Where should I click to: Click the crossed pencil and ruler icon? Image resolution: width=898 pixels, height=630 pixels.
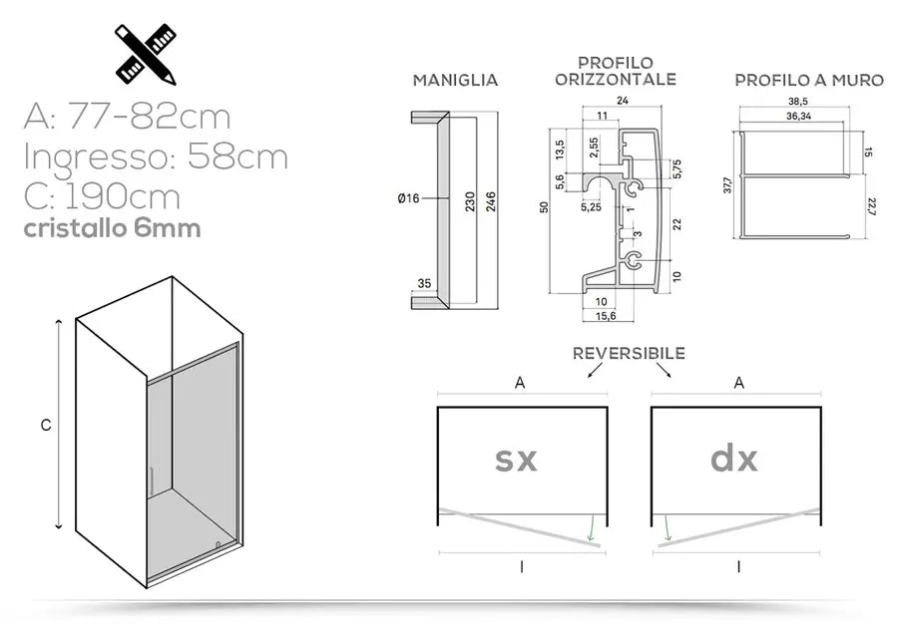(x=146, y=53)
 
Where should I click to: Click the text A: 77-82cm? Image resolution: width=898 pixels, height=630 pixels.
(x=127, y=118)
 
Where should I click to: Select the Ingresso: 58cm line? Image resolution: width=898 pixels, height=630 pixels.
(x=155, y=157)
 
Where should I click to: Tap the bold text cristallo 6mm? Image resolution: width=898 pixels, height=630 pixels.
(x=112, y=228)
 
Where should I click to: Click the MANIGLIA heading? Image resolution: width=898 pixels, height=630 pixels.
(x=455, y=81)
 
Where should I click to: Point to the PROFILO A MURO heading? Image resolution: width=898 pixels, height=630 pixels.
(x=809, y=81)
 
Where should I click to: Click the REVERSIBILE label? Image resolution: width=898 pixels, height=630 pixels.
(x=629, y=354)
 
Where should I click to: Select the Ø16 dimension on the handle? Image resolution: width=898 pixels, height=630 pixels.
(x=407, y=199)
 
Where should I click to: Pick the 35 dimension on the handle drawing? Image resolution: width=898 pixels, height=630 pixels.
(x=423, y=284)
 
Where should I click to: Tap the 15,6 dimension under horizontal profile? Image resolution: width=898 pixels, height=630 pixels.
(x=605, y=316)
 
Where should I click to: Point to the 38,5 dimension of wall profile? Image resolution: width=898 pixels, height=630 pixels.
(x=797, y=102)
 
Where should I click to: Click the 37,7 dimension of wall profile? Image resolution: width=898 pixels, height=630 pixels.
(x=727, y=187)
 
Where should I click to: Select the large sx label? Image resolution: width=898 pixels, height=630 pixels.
(x=516, y=460)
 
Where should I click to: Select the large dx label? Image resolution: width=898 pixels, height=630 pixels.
(x=733, y=460)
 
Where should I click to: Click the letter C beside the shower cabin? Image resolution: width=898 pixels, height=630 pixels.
(x=46, y=425)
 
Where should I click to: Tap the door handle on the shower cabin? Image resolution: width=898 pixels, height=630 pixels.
(x=151, y=480)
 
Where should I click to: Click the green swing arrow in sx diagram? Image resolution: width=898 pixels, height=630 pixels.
(x=592, y=527)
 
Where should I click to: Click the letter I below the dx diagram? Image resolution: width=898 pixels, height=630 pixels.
(x=737, y=566)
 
